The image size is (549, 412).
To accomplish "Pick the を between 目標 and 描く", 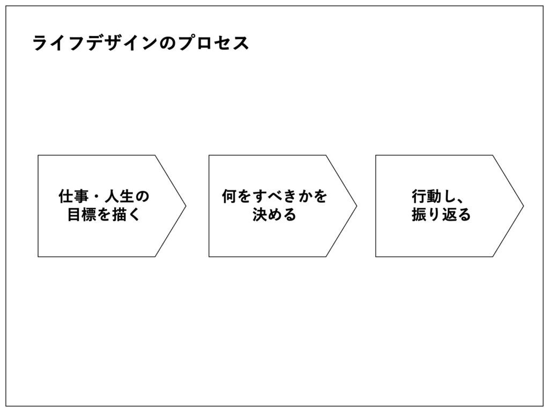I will [x=104, y=215].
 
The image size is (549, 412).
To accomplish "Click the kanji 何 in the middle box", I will [x=228, y=197].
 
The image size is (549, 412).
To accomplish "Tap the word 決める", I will [x=274, y=215].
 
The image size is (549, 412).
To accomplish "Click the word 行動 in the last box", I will [x=427, y=197].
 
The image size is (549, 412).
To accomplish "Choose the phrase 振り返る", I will [x=441, y=215].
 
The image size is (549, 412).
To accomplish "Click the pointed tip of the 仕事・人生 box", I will [x=185, y=206].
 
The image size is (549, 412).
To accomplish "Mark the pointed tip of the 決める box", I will [x=356, y=206].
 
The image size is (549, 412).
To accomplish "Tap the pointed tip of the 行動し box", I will [x=523, y=206].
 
